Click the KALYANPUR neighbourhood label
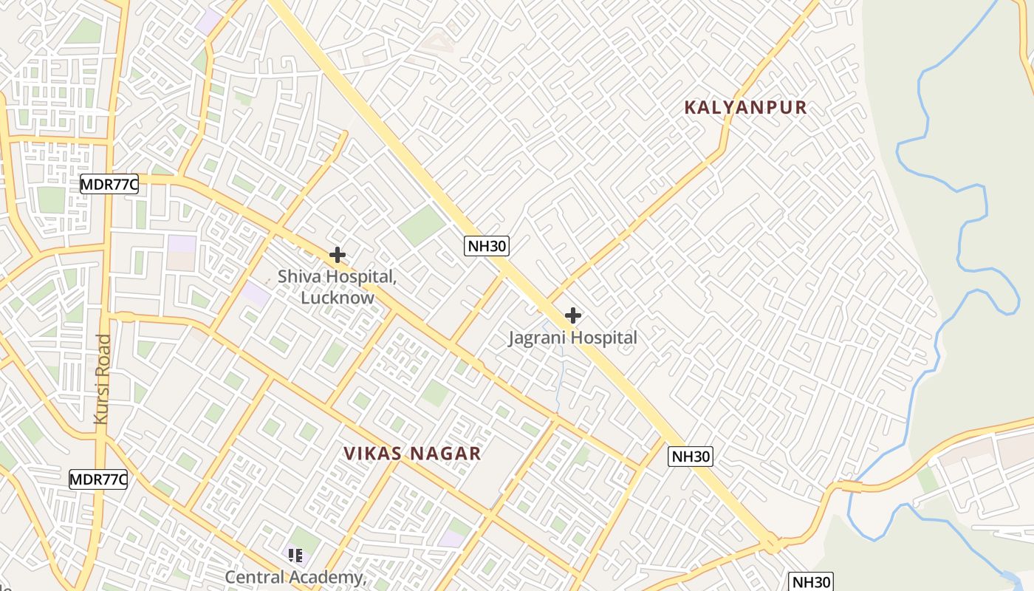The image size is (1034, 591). pyautogui.click(x=745, y=108)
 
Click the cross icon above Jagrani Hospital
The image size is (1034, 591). pyautogui.click(x=572, y=316)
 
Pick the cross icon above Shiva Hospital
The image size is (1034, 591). pyautogui.click(x=338, y=256)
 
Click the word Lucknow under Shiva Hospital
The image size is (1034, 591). pyautogui.click(x=338, y=298)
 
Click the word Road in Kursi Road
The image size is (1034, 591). pyautogui.click(x=102, y=358)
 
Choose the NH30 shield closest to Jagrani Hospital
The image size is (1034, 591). pyautogui.click(x=487, y=246)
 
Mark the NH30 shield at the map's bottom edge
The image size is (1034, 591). pyautogui.click(x=811, y=582)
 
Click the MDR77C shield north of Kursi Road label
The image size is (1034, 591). pyautogui.click(x=109, y=185)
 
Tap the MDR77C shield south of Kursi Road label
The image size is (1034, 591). pyautogui.click(x=98, y=479)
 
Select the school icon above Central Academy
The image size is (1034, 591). pyautogui.click(x=295, y=555)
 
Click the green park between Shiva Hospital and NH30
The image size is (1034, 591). pyautogui.click(x=422, y=225)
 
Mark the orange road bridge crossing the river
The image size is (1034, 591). pyautogui.click(x=851, y=487)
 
